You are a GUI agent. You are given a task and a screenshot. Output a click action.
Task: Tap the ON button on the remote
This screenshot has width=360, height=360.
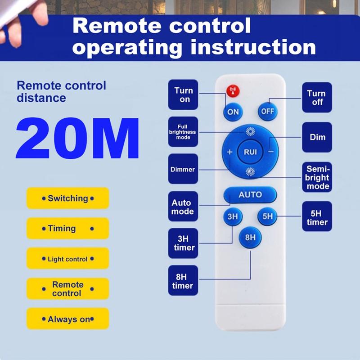coord(233,112)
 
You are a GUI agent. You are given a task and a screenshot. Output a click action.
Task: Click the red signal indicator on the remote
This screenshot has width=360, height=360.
coord(233,91)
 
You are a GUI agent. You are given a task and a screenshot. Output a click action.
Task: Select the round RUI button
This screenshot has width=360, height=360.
coord(250,152)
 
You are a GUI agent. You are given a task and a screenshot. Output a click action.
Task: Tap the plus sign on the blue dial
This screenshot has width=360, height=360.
coord(229,152)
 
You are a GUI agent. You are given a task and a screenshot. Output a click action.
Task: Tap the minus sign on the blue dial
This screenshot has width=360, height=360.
coord(271,152)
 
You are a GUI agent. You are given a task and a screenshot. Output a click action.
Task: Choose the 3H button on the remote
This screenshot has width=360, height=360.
coord(233,216)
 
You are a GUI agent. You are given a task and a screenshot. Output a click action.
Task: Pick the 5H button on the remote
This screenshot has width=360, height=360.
coord(267,216)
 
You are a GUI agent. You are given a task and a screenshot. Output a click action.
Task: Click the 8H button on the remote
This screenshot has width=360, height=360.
coord(250,238)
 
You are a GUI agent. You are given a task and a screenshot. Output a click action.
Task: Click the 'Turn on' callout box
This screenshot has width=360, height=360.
coord(183,94)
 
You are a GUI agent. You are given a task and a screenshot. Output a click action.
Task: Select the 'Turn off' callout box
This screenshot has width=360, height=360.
coord(317,98)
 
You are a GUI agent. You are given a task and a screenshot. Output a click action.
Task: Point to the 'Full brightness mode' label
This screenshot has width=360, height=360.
coord(183,132)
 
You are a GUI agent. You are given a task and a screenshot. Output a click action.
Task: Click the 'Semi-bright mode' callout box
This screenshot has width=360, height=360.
coord(317,177)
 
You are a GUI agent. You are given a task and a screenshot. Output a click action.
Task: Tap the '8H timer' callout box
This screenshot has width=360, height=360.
coord(183,280)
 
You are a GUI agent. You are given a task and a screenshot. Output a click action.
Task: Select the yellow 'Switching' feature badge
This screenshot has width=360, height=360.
coord(68,198)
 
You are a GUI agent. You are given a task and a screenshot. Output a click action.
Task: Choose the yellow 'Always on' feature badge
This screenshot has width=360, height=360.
coord(68,319)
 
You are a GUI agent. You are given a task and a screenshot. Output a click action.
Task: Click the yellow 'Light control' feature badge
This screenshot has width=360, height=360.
coord(68,258)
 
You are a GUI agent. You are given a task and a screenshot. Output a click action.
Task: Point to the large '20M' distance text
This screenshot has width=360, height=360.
coord(77,138)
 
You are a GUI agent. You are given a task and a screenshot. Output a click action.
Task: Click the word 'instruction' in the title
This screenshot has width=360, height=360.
coord(253,47)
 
